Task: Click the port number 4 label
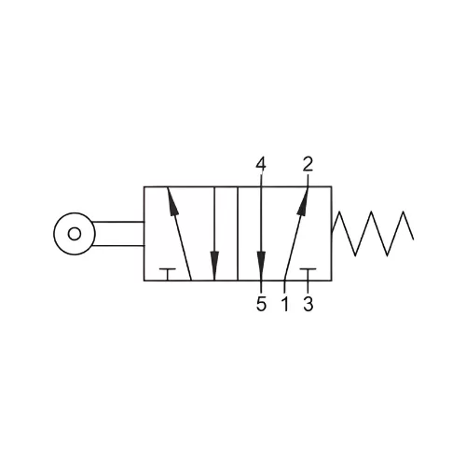pos(261,164)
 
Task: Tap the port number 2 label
pos(308,164)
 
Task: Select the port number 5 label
pos(261,304)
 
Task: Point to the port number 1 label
pos(285,304)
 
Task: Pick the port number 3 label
pos(308,304)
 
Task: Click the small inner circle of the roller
pos(75,234)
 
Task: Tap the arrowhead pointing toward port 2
pos(303,202)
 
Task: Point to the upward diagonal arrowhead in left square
pos(172,201)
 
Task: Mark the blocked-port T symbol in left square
pos(168,274)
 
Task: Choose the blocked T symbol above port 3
pos(308,274)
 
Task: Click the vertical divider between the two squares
pos(238,234)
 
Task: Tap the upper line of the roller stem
pos(118,222)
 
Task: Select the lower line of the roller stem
pos(118,246)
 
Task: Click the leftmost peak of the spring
pos(339,212)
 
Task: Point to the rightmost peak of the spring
pos(404,212)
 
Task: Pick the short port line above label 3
pos(308,287)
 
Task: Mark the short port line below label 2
pos(308,181)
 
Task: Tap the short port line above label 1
pos(284,287)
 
